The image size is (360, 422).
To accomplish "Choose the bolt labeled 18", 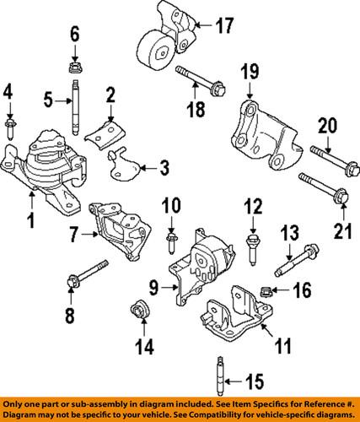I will [199, 82].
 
